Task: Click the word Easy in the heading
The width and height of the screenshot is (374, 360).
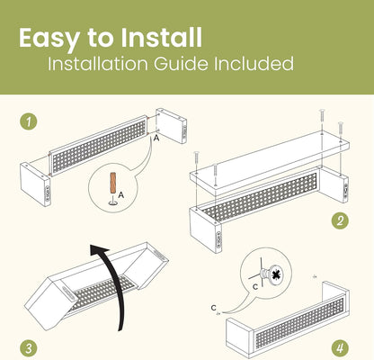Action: pos(49,39)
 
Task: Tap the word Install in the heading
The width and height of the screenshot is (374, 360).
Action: pos(162,37)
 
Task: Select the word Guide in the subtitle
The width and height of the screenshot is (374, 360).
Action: pos(181,63)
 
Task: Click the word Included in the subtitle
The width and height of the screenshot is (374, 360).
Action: pos(254,63)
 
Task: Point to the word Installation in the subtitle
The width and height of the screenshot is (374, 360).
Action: pos(98,63)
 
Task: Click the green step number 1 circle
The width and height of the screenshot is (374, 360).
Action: pos(29,121)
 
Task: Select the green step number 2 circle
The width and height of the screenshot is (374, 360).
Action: pos(340,221)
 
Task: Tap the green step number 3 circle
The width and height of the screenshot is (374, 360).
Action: pos(29,348)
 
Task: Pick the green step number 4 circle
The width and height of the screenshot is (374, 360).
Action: pos(340,348)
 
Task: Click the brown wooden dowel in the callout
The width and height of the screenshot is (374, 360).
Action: pos(113,183)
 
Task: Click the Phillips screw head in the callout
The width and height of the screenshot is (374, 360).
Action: pos(276,274)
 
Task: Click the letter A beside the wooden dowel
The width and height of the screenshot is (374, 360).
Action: pos(120,195)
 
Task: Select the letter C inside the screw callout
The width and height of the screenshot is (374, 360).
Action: pos(255,287)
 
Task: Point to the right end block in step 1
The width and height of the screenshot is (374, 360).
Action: pos(172,126)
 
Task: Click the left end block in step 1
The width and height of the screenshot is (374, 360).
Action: pos(35,184)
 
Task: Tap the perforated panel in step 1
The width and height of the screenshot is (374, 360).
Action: pos(98,146)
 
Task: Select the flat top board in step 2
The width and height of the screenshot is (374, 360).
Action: pos(270,160)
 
